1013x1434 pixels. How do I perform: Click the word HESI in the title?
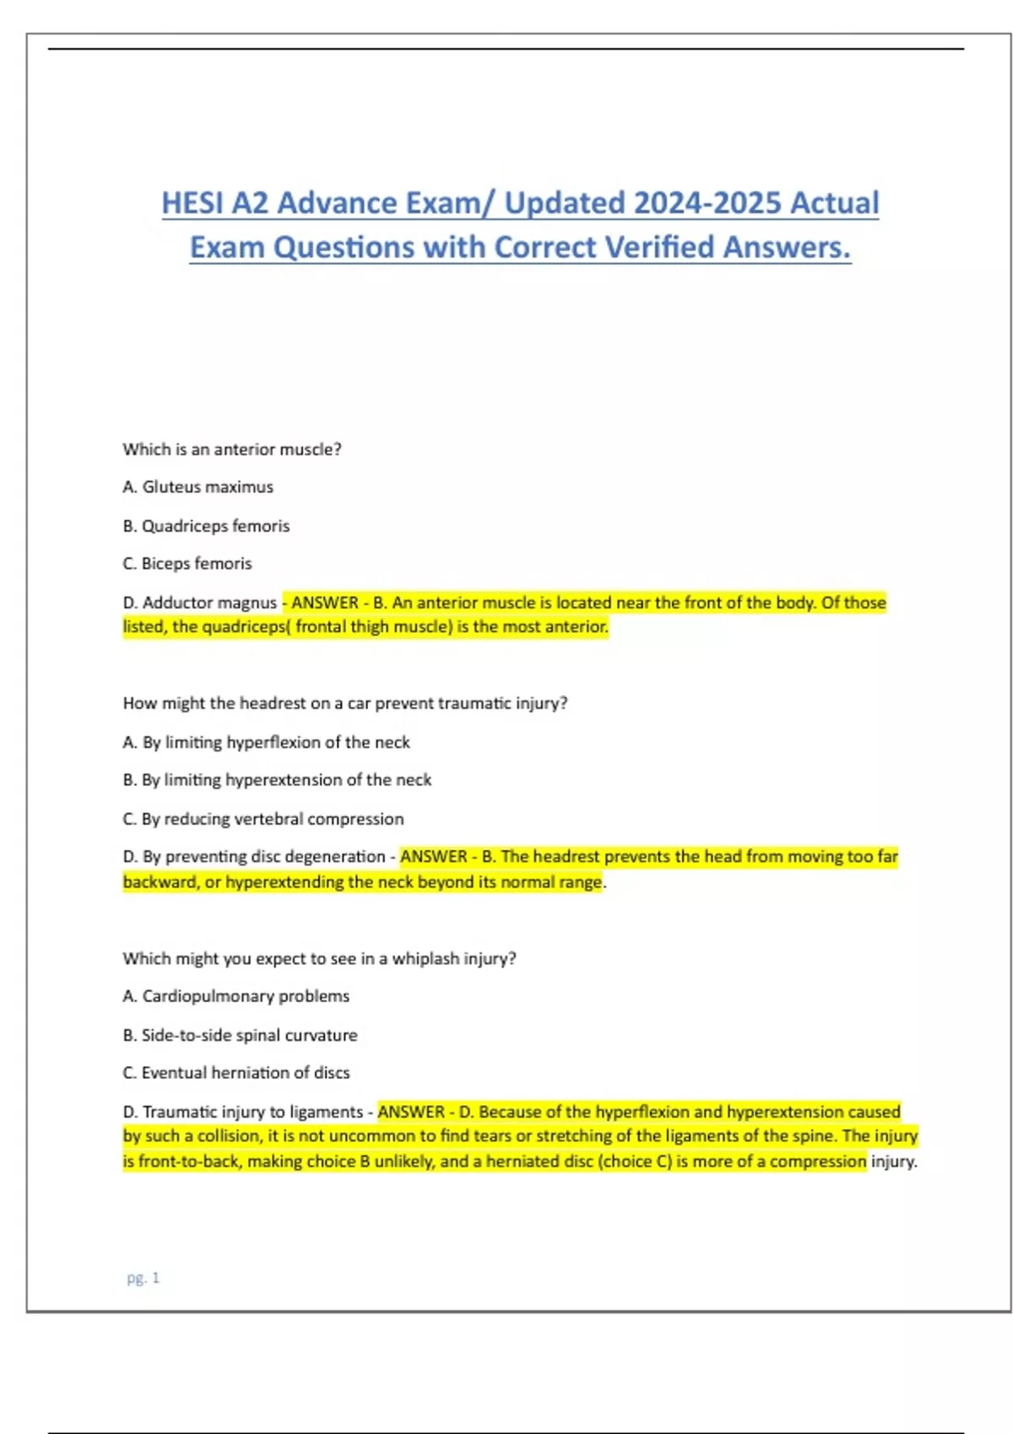point(192,203)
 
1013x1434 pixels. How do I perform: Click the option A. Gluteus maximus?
point(198,487)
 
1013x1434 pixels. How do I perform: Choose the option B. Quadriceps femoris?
point(206,526)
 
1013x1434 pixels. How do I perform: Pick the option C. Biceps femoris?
point(187,563)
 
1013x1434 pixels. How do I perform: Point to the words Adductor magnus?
point(209,602)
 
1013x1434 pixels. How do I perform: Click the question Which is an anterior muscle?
point(232,449)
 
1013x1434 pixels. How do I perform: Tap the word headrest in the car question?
point(273,703)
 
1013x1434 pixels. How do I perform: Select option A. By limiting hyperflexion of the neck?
point(266,742)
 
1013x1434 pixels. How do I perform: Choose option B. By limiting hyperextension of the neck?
point(277,780)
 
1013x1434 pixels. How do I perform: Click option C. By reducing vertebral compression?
point(263,818)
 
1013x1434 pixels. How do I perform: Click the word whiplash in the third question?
point(425,958)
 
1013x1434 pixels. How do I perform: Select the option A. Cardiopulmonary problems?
point(236,996)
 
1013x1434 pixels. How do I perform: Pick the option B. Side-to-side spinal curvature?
point(240,1035)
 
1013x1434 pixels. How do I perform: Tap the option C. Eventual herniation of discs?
point(236,1073)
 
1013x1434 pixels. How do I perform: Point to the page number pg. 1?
point(143,1278)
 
